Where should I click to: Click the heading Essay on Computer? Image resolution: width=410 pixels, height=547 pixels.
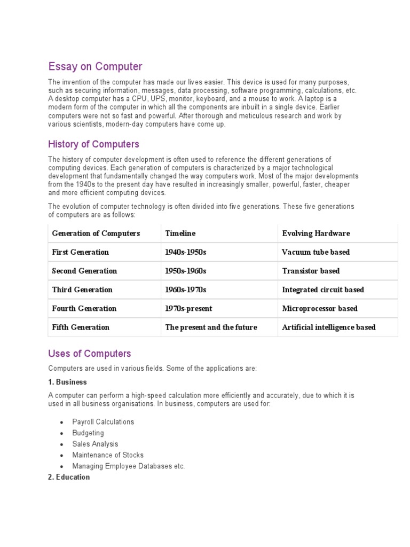tap(95, 67)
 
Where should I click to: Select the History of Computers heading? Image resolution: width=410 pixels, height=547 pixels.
tap(93, 144)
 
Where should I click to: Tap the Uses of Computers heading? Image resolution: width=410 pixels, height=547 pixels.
tap(89, 354)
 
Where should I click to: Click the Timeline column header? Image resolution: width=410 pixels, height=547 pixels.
tap(180, 233)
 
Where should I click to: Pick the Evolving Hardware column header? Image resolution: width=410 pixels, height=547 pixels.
tap(316, 233)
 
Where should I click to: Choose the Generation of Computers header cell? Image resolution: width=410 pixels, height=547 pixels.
tap(96, 233)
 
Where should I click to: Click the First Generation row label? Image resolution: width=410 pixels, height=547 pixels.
tap(80, 252)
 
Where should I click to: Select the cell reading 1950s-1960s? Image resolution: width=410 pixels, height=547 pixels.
tap(186, 271)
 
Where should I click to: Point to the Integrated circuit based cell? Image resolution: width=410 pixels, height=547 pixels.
tap(323, 290)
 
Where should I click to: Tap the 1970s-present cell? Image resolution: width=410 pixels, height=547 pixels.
tap(188, 308)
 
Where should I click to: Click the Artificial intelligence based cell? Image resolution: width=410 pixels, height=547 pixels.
tap(328, 327)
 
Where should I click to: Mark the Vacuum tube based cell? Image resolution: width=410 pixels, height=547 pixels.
tap(316, 252)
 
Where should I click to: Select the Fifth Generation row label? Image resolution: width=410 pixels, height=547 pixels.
tap(81, 327)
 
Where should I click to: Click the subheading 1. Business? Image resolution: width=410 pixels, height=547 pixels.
tap(67, 382)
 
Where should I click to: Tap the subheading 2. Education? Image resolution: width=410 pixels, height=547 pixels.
tap(69, 477)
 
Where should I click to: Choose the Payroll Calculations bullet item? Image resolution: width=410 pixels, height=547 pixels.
tap(103, 422)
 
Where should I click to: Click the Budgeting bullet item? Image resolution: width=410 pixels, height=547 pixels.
tap(88, 433)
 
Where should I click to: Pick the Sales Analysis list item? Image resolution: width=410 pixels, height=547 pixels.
tap(95, 444)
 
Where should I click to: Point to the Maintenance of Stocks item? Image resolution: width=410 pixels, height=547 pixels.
tap(108, 455)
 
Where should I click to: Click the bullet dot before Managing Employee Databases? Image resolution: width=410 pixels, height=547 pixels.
tap(62, 467)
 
